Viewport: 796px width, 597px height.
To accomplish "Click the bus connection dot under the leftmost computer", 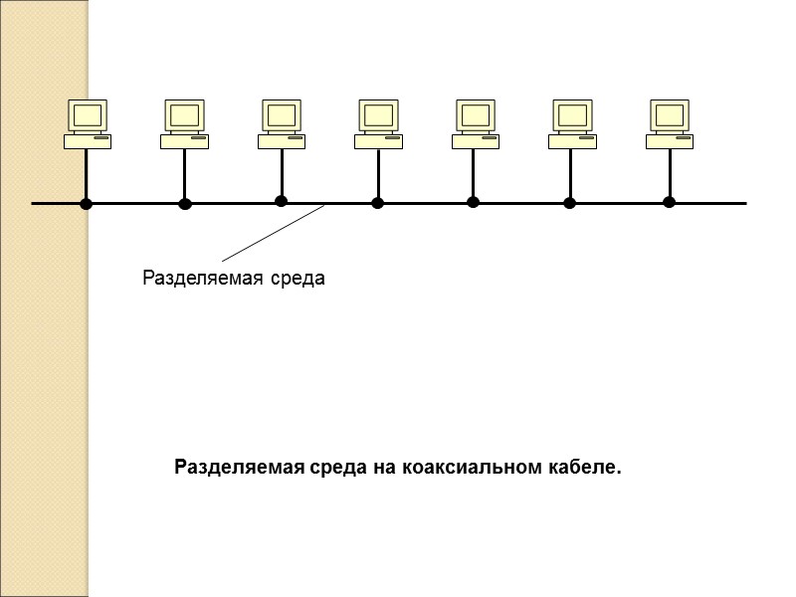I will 87,204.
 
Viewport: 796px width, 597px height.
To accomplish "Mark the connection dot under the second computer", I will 184,204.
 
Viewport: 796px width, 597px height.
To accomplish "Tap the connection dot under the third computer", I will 281,201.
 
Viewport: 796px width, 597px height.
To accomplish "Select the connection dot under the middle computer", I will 377,204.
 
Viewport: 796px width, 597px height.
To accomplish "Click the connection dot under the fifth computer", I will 473,202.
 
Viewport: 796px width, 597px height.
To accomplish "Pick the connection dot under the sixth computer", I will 569,204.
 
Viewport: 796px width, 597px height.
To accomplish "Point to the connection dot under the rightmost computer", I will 669,203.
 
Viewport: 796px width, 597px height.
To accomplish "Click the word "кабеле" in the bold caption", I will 582,467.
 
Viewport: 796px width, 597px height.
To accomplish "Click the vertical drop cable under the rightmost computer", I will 669,174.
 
